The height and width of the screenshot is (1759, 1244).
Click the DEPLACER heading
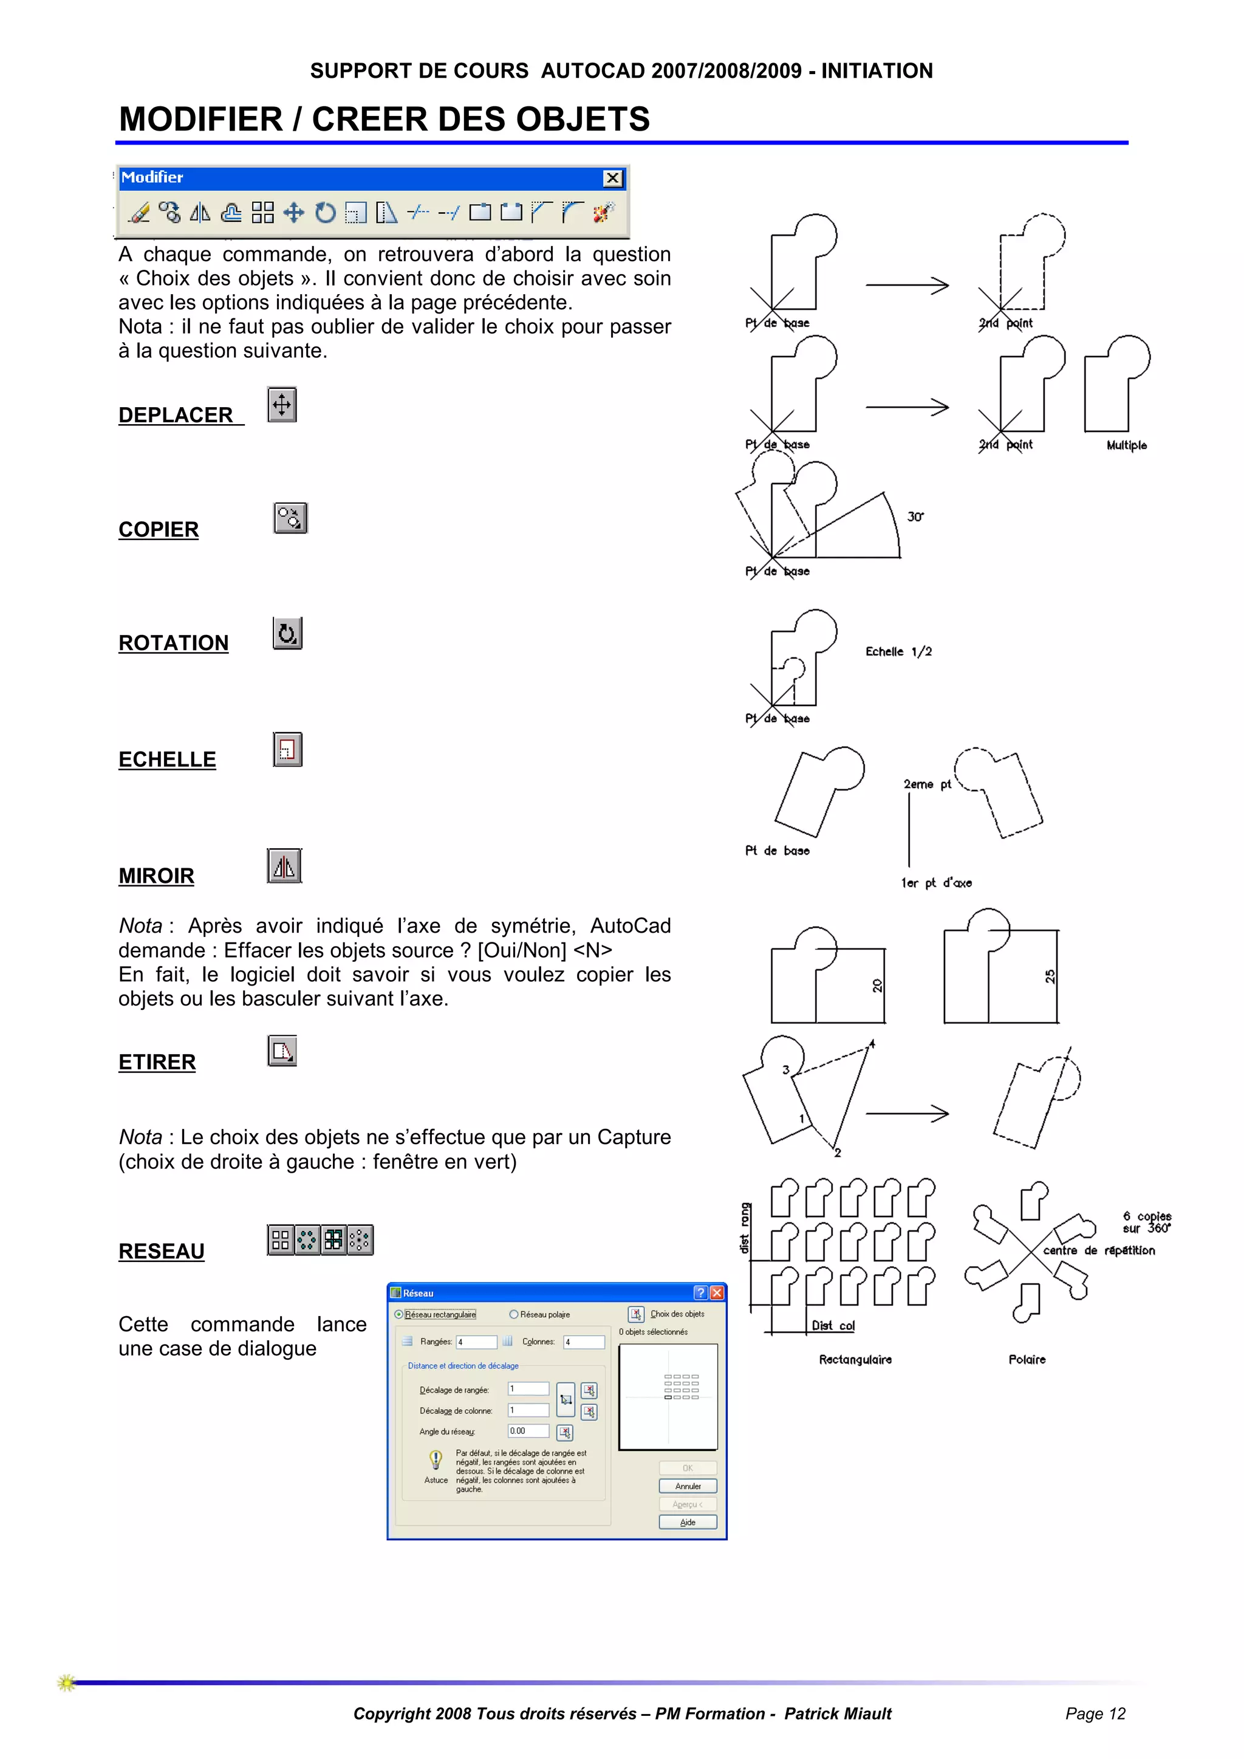pos(176,415)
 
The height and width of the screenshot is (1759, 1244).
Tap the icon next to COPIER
pos(290,519)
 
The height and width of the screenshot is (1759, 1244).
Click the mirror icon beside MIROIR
pos(284,866)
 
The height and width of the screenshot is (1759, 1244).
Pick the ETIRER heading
pos(157,1063)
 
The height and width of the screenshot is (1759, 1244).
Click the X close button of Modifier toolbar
pos(613,179)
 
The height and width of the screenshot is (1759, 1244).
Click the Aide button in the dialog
pos(688,1522)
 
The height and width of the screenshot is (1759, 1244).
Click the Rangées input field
pos(476,1342)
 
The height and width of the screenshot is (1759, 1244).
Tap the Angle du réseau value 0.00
pos(528,1431)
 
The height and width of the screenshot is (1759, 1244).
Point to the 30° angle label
pos(915,517)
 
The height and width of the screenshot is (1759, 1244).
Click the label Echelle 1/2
pos(898,652)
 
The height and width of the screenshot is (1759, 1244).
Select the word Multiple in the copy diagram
pos(1126,446)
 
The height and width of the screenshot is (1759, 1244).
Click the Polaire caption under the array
pos(1027,1360)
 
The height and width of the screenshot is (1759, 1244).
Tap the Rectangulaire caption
pos(855,1360)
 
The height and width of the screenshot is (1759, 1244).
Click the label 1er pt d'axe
pos(936,883)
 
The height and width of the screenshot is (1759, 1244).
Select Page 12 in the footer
pos(1095,1714)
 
